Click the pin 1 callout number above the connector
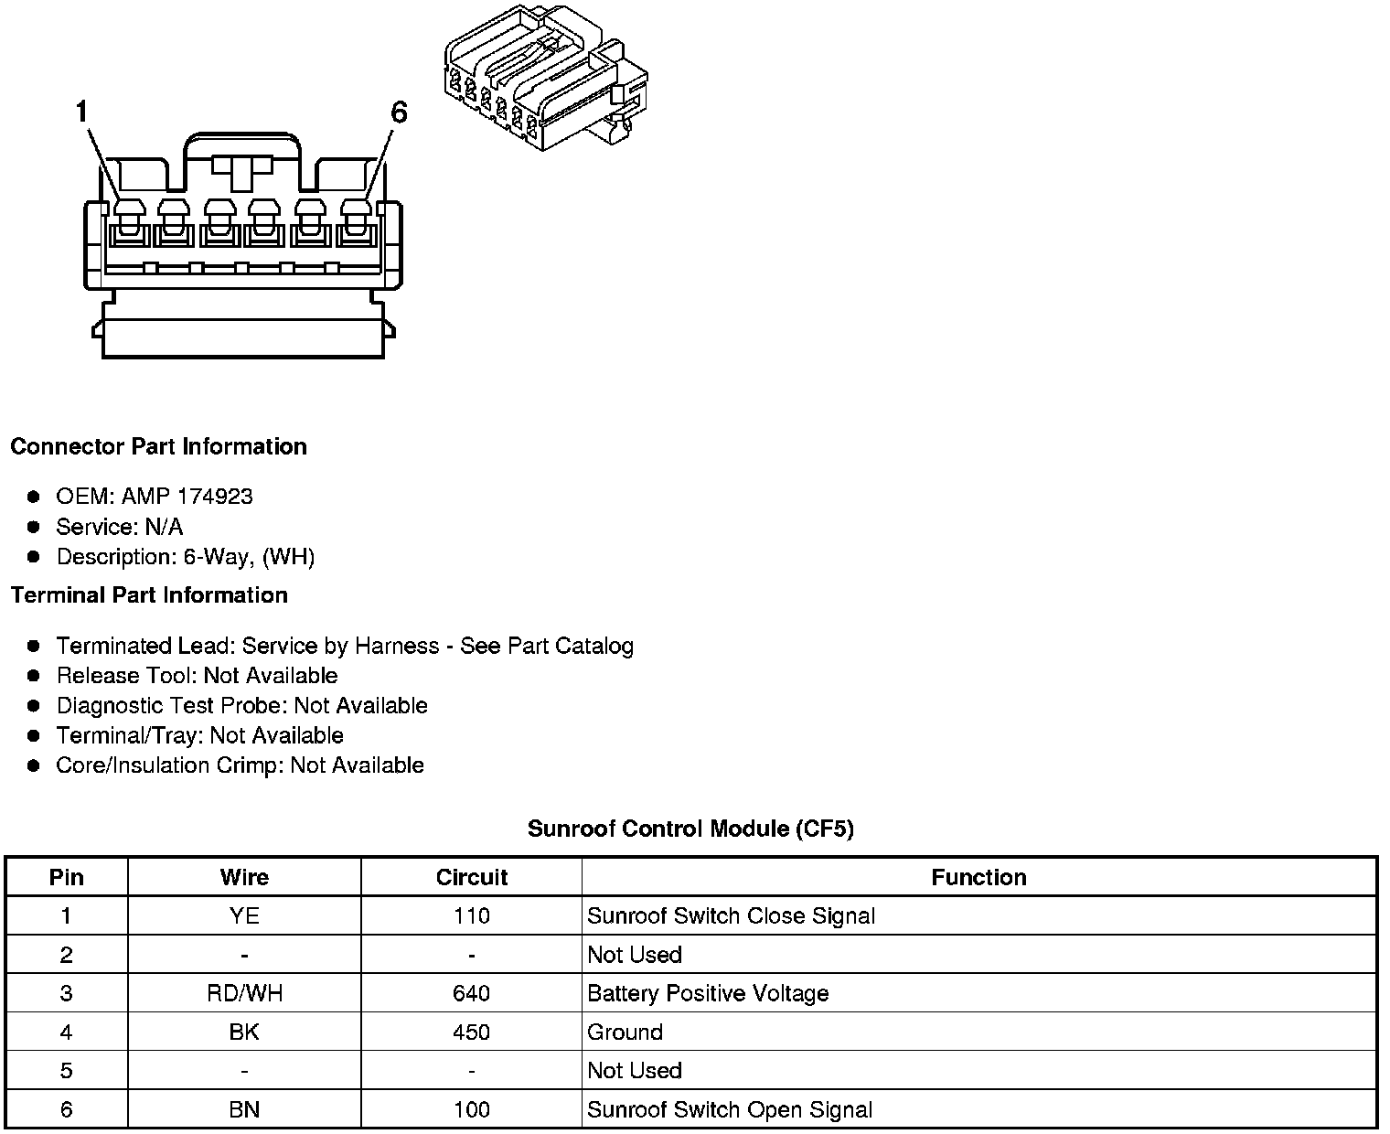point(81,112)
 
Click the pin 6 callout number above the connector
point(398,112)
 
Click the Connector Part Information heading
point(158,446)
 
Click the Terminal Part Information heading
point(149,595)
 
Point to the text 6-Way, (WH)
point(249,557)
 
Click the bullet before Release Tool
point(34,676)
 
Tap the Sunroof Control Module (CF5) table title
point(690,829)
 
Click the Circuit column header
point(472,877)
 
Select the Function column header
point(978,877)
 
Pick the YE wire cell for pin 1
point(244,916)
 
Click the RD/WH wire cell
point(244,993)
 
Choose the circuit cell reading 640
point(472,993)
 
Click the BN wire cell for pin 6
point(244,1109)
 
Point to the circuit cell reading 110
point(472,916)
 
